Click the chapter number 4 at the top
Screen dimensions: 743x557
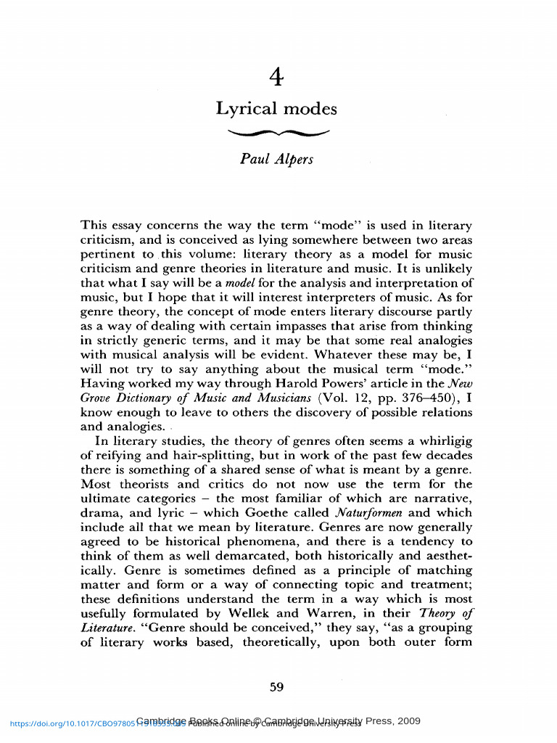click(276, 75)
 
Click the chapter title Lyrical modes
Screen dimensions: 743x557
click(276, 110)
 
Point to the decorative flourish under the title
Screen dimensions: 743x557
click(278, 133)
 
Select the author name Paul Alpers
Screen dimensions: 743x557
click(276, 159)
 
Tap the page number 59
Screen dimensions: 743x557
click(276, 688)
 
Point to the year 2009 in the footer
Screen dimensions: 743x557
click(408, 721)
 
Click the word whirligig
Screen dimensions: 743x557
click(443, 441)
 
